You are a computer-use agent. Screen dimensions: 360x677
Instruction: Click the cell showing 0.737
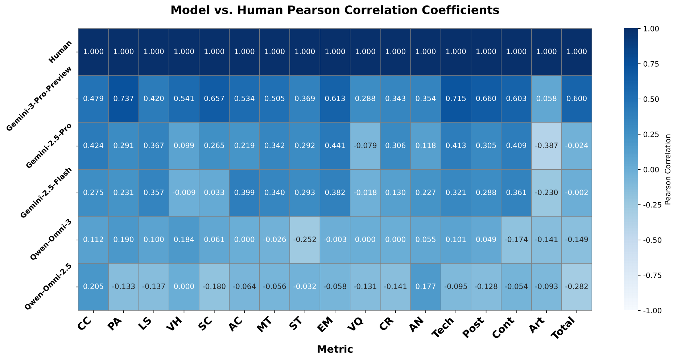pyautogui.click(x=124, y=99)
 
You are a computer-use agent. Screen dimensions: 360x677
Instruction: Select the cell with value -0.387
pyautogui.click(x=546, y=146)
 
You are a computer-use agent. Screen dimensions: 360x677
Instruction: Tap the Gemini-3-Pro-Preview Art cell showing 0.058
pyautogui.click(x=546, y=99)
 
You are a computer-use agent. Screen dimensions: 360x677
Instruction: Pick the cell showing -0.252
pyautogui.click(x=305, y=240)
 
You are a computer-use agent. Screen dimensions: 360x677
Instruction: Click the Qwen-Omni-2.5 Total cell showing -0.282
pyautogui.click(x=577, y=287)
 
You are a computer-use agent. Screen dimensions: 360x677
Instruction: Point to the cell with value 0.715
pyautogui.click(x=456, y=99)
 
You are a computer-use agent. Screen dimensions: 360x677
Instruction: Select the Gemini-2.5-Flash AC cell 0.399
pyautogui.click(x=244, y=193)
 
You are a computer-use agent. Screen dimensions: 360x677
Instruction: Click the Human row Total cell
pyautogui.click(x=577, y=52)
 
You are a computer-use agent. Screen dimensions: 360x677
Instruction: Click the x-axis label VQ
pyautogui.click(x=360, y=323)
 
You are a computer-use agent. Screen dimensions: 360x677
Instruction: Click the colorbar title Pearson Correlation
pyautogui.click(x=668, y=169)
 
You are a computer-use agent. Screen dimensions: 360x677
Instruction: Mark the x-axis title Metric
pyautogui.click(x=334, y=349)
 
